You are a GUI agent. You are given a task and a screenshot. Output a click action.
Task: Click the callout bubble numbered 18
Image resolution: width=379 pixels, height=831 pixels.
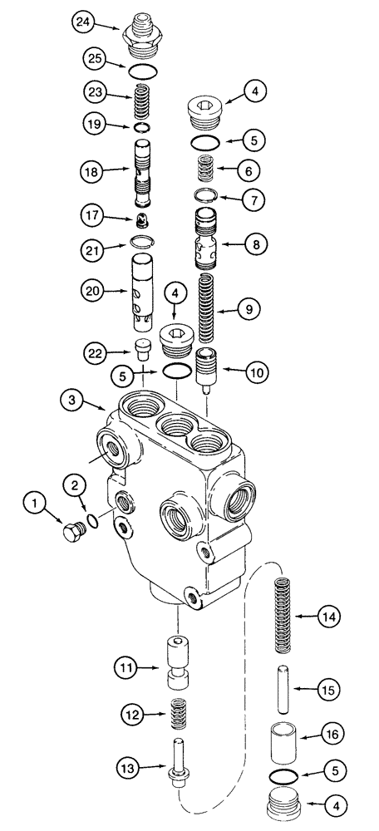click(x=91, y=171)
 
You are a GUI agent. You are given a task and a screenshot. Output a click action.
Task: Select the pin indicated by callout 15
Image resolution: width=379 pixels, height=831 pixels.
click(x=284, y=689)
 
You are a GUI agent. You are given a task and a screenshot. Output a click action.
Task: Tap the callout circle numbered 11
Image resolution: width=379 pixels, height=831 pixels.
click(x=126, y=666)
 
